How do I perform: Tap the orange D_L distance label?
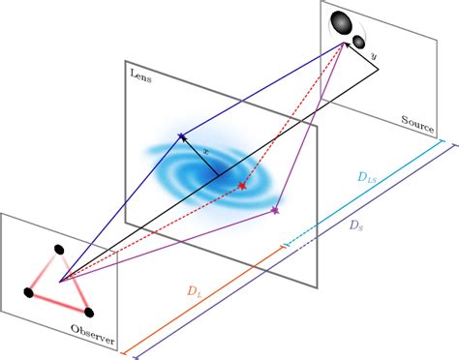coord(197,289)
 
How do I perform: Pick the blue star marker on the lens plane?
coord(180,138)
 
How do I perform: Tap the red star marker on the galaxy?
coord(243,185)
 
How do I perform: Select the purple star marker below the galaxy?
coord(275,209)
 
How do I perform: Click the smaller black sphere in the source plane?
coord(358,42)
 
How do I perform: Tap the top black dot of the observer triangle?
coord(60,250)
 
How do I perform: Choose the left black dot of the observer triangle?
coord(28,291)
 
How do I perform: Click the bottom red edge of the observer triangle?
coord(59,302)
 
